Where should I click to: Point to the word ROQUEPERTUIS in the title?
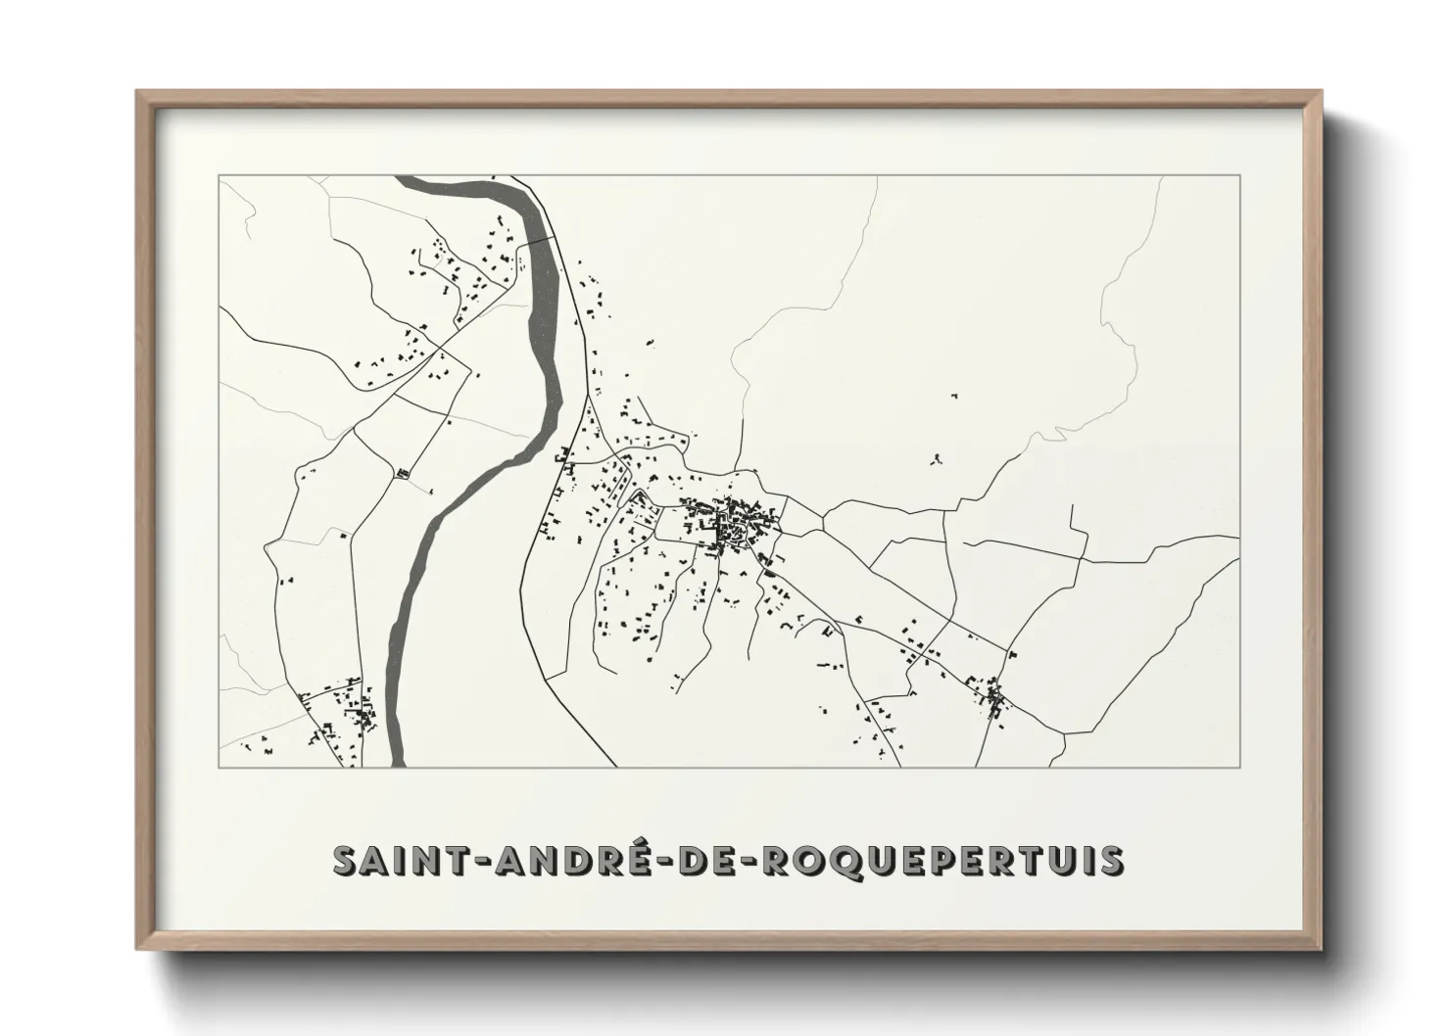click(942, 861)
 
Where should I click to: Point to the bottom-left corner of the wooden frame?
click(138, 948)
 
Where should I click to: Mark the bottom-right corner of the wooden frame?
click(1320, 948)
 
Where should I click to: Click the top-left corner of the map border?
click(218, 176)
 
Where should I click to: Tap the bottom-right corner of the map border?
click(1240, 767)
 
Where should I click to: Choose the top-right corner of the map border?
click(1240, 176)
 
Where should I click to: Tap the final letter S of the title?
click(1112, 861)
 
